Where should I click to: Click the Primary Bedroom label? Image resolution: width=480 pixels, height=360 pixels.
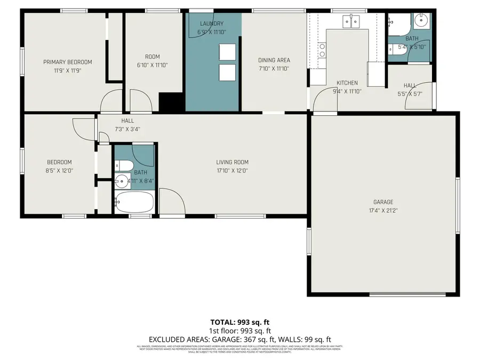coord(68,62)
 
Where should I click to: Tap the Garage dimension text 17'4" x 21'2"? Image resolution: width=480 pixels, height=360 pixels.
coord(382,210)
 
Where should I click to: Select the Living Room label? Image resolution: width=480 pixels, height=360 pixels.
coord(232,162)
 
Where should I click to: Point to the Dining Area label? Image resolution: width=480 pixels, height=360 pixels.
coord(274,60)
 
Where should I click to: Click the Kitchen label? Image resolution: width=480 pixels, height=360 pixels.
coord(347,83)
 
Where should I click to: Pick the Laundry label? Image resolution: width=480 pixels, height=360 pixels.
coord(211,23)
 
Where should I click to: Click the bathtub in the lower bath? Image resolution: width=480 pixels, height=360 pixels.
coord(134,203)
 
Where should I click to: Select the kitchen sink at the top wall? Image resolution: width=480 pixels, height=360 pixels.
coord(351,22)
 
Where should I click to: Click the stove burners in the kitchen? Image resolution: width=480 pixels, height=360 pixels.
coord(322,50)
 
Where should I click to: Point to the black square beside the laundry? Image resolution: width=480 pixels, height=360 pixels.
coord(171,102)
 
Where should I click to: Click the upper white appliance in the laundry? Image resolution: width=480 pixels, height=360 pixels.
coord(228,52)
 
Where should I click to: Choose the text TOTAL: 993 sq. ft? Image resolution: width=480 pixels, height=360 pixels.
coord(239,322)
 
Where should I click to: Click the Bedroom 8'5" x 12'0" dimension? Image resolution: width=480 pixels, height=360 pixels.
coord(59,171)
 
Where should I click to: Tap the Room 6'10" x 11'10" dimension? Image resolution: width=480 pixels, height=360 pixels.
coord(152,65)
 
